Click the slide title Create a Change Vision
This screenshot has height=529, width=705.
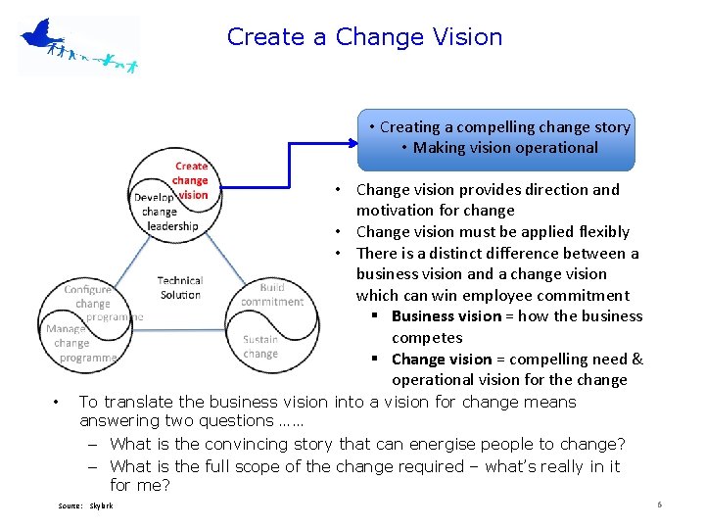click(364, 37)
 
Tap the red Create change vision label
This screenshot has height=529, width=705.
click(190, 180)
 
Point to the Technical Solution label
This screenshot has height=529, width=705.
click(180, 288)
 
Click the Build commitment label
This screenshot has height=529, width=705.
click(273, 295)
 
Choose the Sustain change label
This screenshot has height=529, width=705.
click(260, 347)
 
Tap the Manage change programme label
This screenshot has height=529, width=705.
click(76, 344)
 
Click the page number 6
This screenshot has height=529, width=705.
click(660, 505)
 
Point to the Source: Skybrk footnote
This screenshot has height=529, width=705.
click(85, 505)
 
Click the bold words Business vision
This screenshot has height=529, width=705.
click(446, 316)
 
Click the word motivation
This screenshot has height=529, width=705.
click(395, 211)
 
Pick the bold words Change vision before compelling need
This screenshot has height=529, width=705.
click(439, 360)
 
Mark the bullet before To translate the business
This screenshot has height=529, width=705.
click(59, 402)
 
